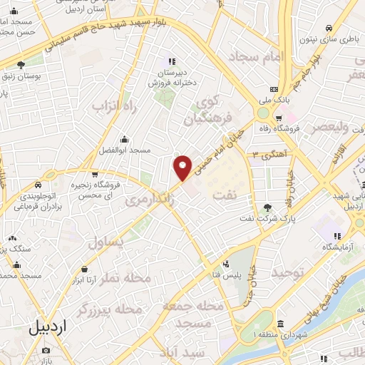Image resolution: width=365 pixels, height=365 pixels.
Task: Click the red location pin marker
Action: pos(183,167)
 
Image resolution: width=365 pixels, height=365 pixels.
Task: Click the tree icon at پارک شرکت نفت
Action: pos(267,207)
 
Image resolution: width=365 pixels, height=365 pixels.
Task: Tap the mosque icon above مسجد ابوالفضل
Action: pos(125,139)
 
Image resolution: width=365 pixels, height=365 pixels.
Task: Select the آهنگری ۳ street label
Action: pos(265,154)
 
